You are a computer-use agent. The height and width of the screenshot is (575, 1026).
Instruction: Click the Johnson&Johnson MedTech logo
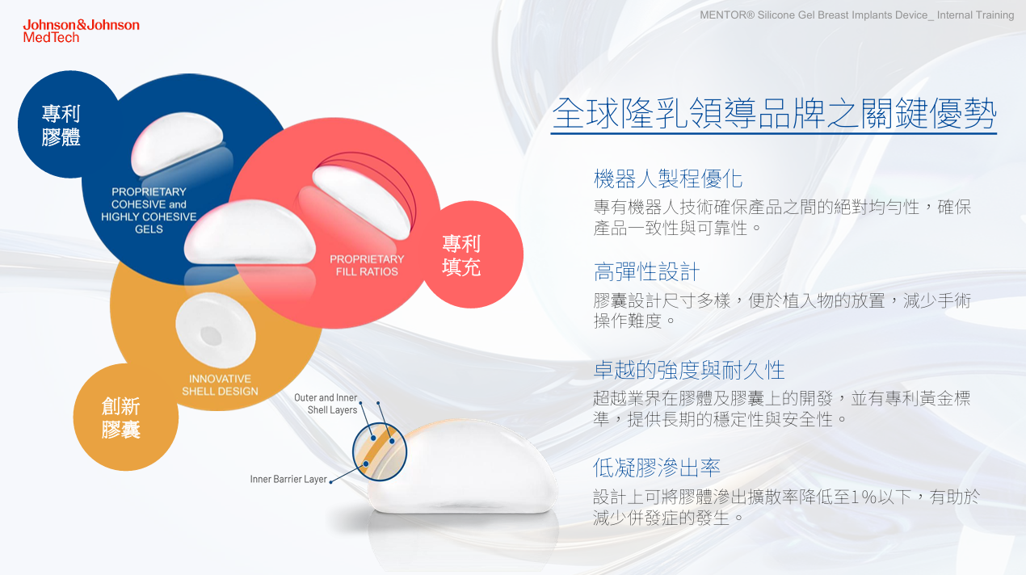point(81,31)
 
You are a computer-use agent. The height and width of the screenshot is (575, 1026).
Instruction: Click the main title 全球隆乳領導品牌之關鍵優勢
point(774,113)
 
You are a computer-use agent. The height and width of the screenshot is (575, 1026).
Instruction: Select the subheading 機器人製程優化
point(668,178)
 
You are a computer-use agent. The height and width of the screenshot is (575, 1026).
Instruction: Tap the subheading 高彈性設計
point(646,271)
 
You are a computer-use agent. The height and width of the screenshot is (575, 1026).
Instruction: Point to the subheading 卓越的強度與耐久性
point(689,370)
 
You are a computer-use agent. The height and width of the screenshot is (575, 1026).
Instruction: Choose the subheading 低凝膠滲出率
point(657,468)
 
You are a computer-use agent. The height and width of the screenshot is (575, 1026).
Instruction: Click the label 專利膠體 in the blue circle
point(61,125)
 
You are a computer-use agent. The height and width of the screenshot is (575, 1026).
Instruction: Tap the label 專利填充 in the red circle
point(461,255)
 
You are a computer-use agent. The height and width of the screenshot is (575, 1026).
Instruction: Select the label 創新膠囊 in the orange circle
point(121,418)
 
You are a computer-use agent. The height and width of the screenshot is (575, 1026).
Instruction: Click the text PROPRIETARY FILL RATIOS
point(367,266)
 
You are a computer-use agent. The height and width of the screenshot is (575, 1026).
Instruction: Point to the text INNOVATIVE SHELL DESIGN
point(221,385)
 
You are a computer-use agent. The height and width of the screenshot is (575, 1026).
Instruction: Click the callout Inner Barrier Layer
point(288,479)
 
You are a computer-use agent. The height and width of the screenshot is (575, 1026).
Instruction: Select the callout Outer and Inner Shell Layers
point(326,404)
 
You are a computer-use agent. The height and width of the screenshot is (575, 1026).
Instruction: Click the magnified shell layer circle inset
point(380,451)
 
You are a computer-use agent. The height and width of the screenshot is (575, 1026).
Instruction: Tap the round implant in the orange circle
point(216,330)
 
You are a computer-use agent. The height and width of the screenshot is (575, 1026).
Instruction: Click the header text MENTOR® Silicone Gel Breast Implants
point(816,15)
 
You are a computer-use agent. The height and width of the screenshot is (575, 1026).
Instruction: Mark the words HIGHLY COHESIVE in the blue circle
point(149,216)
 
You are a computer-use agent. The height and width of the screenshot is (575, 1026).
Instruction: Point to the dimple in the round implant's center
point(211,336)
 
